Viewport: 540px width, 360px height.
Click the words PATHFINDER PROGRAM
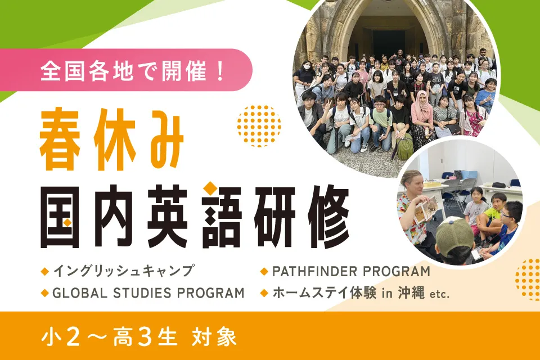[x=351, y=271]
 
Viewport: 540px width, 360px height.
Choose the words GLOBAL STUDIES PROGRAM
[x=148, y=293]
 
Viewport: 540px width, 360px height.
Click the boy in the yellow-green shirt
[x=496, y=211]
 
